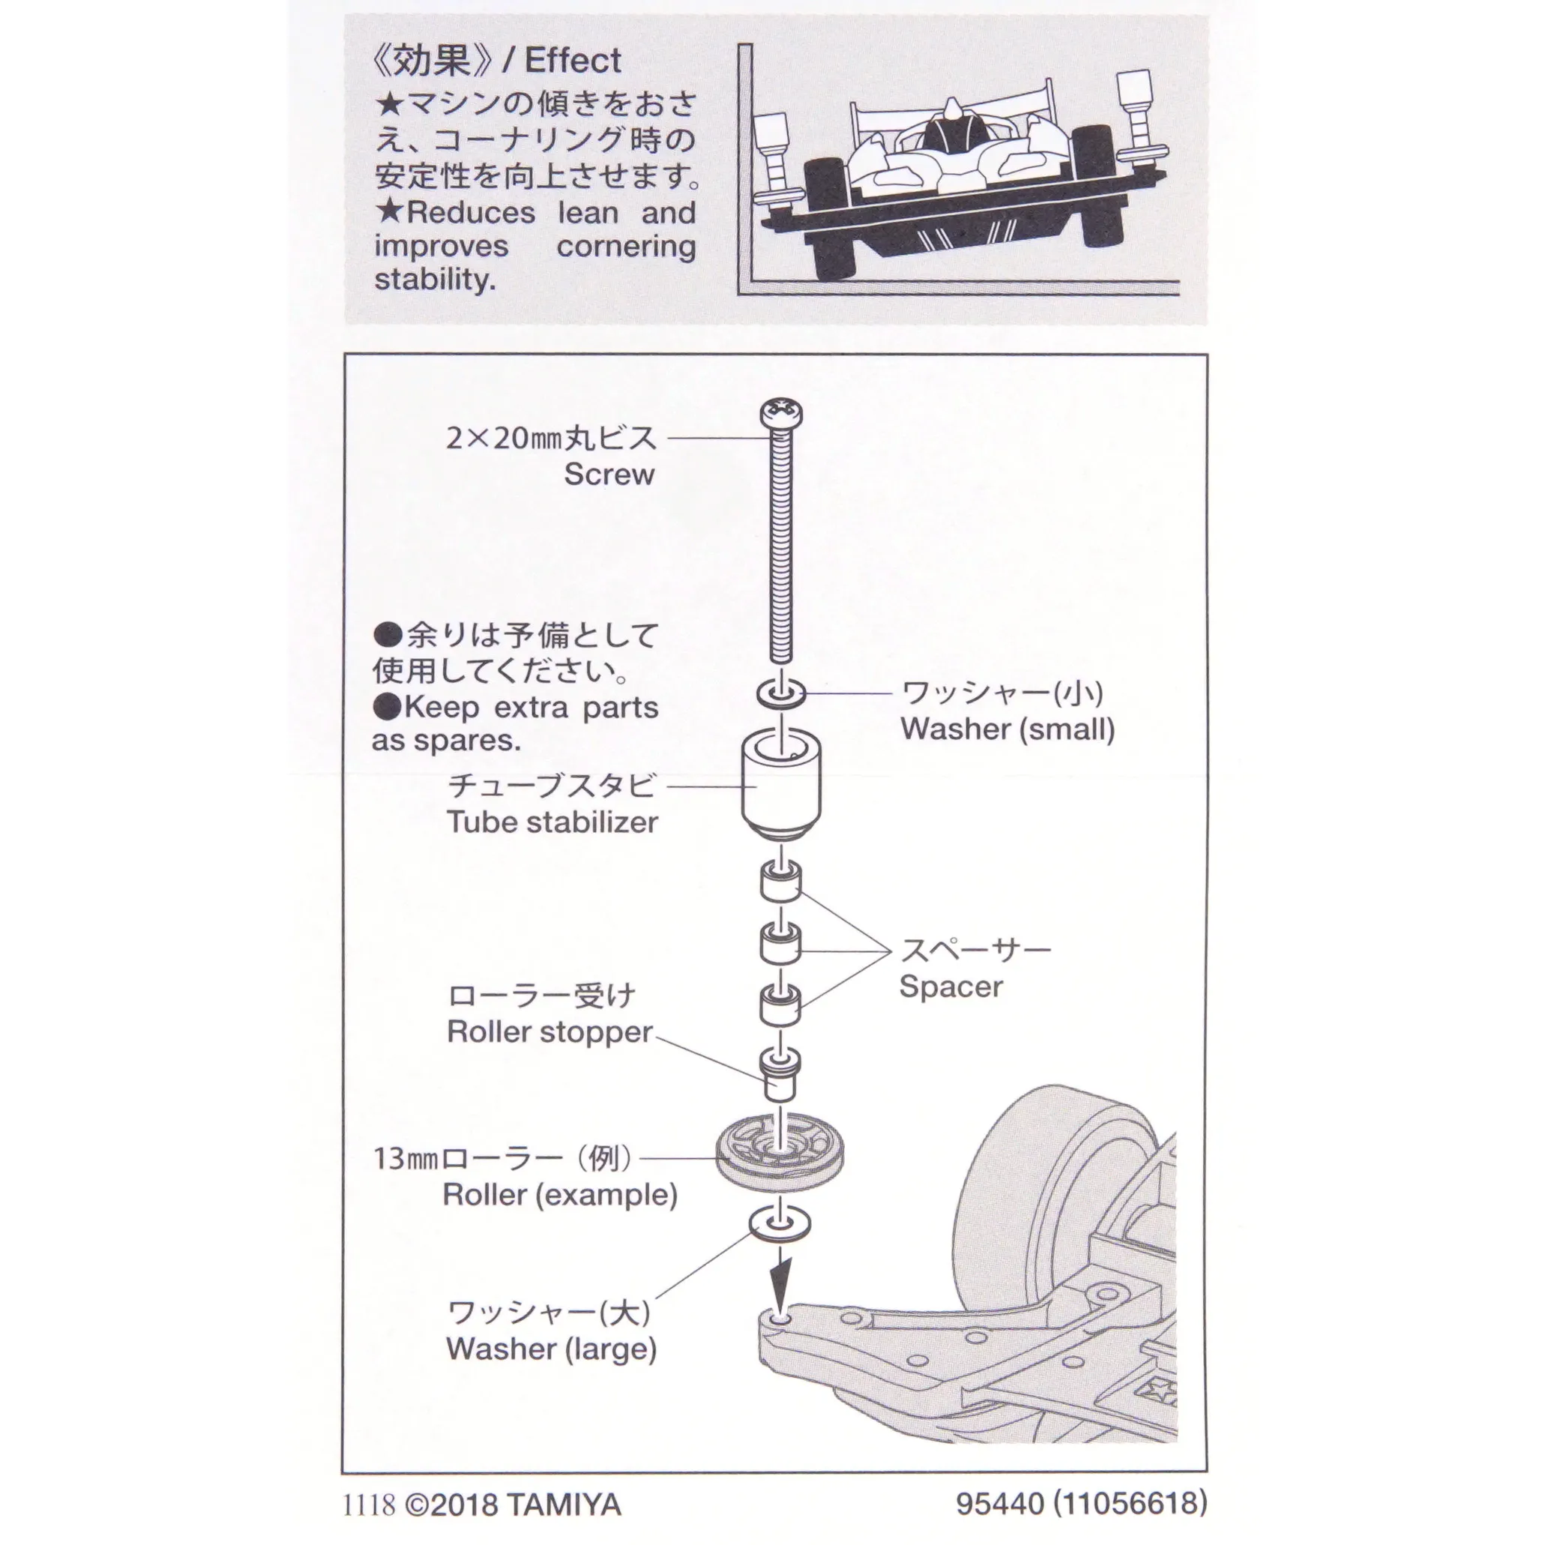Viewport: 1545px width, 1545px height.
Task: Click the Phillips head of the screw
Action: pyautogui.click(x=780, y=414)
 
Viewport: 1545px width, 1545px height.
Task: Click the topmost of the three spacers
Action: pyautogui.click(x=780, y=882)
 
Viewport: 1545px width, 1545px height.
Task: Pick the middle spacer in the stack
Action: pyautogui.click(x=780, y=944)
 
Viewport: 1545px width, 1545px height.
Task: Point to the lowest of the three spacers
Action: pyautogui.click(x=780, y=1005)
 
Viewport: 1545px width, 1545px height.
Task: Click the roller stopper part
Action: pyautogui.click(x=780, y=1073)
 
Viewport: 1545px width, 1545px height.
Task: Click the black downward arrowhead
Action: pyautogui.click(x=780, y=1282)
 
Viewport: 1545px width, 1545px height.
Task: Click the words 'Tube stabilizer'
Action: pyautogui.click(x=552, y=822)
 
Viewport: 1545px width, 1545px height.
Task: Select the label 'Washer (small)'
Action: pyautogui.click(x=1008, y=729)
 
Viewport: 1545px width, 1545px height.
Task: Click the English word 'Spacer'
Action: pyautogui.click(x=951, y=987)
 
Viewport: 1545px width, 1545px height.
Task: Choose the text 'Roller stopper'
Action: pyautogui.click(x=550, y=1031)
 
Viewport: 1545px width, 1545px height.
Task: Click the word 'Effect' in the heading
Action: pyautogui.click(x=573, y=61)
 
